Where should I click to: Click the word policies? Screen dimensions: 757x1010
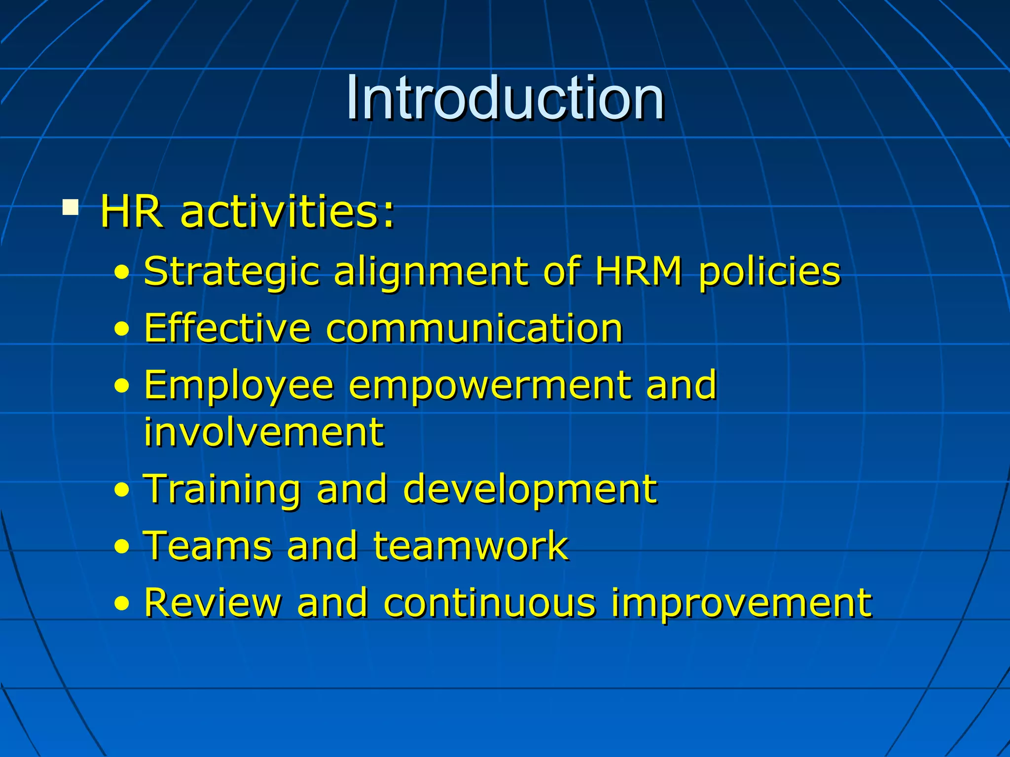coord(769,272)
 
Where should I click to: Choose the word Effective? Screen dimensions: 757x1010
coord(227,328)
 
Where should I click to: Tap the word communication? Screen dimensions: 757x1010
coord(474,328)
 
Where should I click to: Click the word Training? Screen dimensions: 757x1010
coord(221,489)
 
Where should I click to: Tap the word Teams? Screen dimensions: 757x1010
coord(207,546)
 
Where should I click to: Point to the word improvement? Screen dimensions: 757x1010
coord(742,604)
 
